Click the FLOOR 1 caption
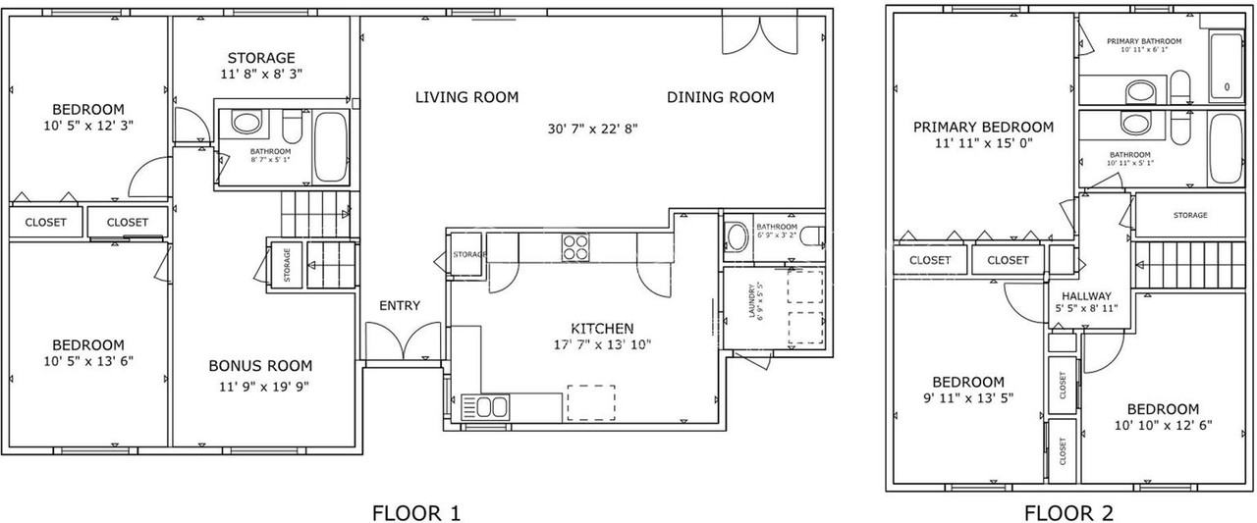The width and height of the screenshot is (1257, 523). [x=415, y=512]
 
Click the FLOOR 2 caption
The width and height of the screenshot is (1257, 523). [x=1068, y=512]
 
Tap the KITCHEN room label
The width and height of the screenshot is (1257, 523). [x=602, y=328]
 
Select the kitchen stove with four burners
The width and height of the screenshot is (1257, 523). [x=576, y=247]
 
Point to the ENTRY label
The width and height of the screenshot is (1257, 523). [x=400, y=306]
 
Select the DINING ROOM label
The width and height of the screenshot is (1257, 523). [x=720, y=97]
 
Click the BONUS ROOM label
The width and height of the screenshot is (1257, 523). [x=259, y=366]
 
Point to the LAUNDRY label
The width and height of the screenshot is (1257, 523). [x=752, y=301]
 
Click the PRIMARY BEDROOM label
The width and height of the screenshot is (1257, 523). [x=983, y=127]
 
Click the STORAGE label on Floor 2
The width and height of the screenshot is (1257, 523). [x=1190, y=215]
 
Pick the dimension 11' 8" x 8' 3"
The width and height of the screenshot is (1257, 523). [x=260, y=74]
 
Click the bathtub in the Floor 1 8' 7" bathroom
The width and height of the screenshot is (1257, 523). [x=331, y=147]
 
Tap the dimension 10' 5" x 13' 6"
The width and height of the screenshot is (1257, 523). [x=88, y=360]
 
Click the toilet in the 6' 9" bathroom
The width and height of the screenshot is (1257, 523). [x=810, y=235]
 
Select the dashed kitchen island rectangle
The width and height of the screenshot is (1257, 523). [x=591, y=402]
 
